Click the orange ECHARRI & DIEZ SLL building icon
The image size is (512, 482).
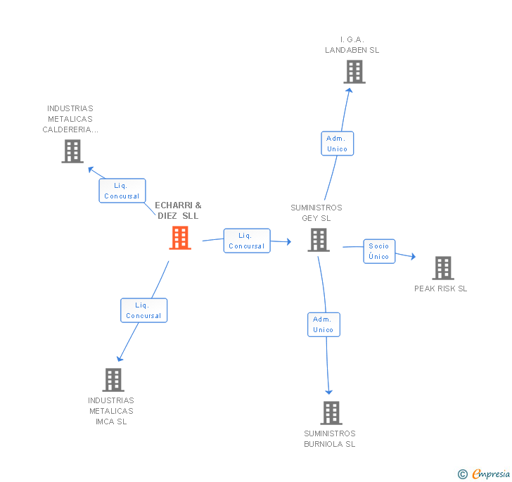tap(180, 238)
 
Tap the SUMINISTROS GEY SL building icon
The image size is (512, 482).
tap(319, 240)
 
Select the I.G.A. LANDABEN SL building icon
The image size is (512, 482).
tap(354, 72)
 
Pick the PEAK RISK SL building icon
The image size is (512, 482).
tap(442, 267)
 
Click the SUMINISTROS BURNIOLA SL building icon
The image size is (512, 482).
tap(331, 413)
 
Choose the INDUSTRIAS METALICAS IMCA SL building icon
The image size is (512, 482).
tap(113, 380)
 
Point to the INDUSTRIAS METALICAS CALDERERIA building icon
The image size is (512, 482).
tap(72, 151)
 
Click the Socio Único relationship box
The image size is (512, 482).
tap(378, 251)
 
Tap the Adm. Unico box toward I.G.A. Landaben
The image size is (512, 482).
tap(337, 144)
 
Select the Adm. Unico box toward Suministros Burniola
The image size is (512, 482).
tap(324, 324)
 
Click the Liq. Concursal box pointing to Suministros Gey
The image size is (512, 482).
tap(246, 241)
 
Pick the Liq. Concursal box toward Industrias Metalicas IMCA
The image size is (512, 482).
tap(143, 310)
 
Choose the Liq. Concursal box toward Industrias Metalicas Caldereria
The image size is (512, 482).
tap(122, 191)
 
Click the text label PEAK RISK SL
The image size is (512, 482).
tap(440, 288)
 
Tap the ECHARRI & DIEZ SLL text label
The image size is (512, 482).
tap(178, 210)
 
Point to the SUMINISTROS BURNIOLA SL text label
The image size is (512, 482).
tap(330, 438)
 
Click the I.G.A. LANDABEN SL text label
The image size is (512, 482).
tap(352, 44)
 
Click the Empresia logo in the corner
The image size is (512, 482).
tap(485, 474)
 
